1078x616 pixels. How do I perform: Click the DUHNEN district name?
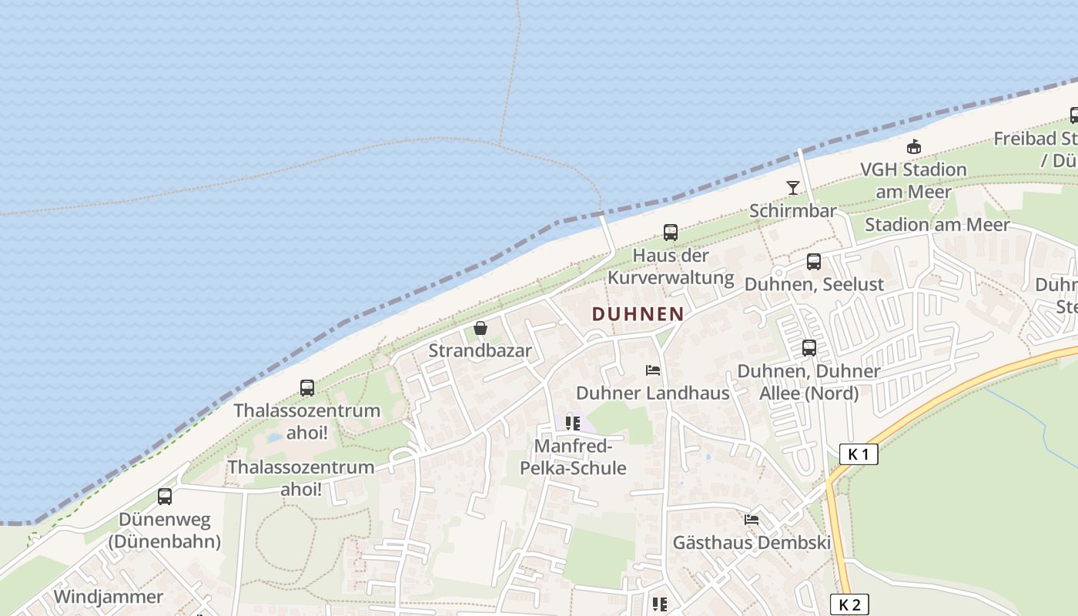(x=638, y=313)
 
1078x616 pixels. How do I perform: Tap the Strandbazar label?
(x=480, y=351)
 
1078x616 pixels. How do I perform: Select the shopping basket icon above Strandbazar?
(x=480, y=329)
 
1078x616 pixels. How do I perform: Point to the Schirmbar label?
(x=792, y=210)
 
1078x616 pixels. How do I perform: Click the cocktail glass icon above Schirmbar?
(x=792, y=187)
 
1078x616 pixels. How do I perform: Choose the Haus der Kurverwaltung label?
(x=671, y=266)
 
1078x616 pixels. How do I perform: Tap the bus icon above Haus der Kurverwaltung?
(x=671, y=232)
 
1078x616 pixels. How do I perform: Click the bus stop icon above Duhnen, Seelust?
(x=814, y=262)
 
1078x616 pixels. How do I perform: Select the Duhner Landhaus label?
(x=652, y=393)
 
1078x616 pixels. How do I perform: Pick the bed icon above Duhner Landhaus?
(x=653, y=370)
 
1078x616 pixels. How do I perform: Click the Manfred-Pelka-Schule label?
(x=573, y=457)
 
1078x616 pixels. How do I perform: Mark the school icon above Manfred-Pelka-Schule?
(x=573, y=423)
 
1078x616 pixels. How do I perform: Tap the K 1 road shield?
(x=858, y=454)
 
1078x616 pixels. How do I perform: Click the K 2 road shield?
(x=849, y=604)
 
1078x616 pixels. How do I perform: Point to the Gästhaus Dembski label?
(x=752, y=542)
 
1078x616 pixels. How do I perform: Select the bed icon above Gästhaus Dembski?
(x=752, y=520)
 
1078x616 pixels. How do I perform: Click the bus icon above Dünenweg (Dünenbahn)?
(x=165, y=497)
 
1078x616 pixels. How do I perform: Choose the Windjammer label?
(x=109, y=597)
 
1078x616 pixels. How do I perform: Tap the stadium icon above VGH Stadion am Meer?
(x=913, y=146)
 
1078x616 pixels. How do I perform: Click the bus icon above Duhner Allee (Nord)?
(x=809, y=348)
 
